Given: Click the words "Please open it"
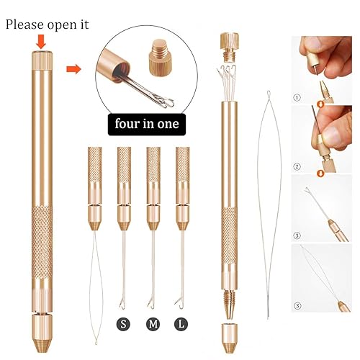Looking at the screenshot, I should [x=47, y=24].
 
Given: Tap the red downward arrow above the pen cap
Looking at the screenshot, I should [x=41, y=42].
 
